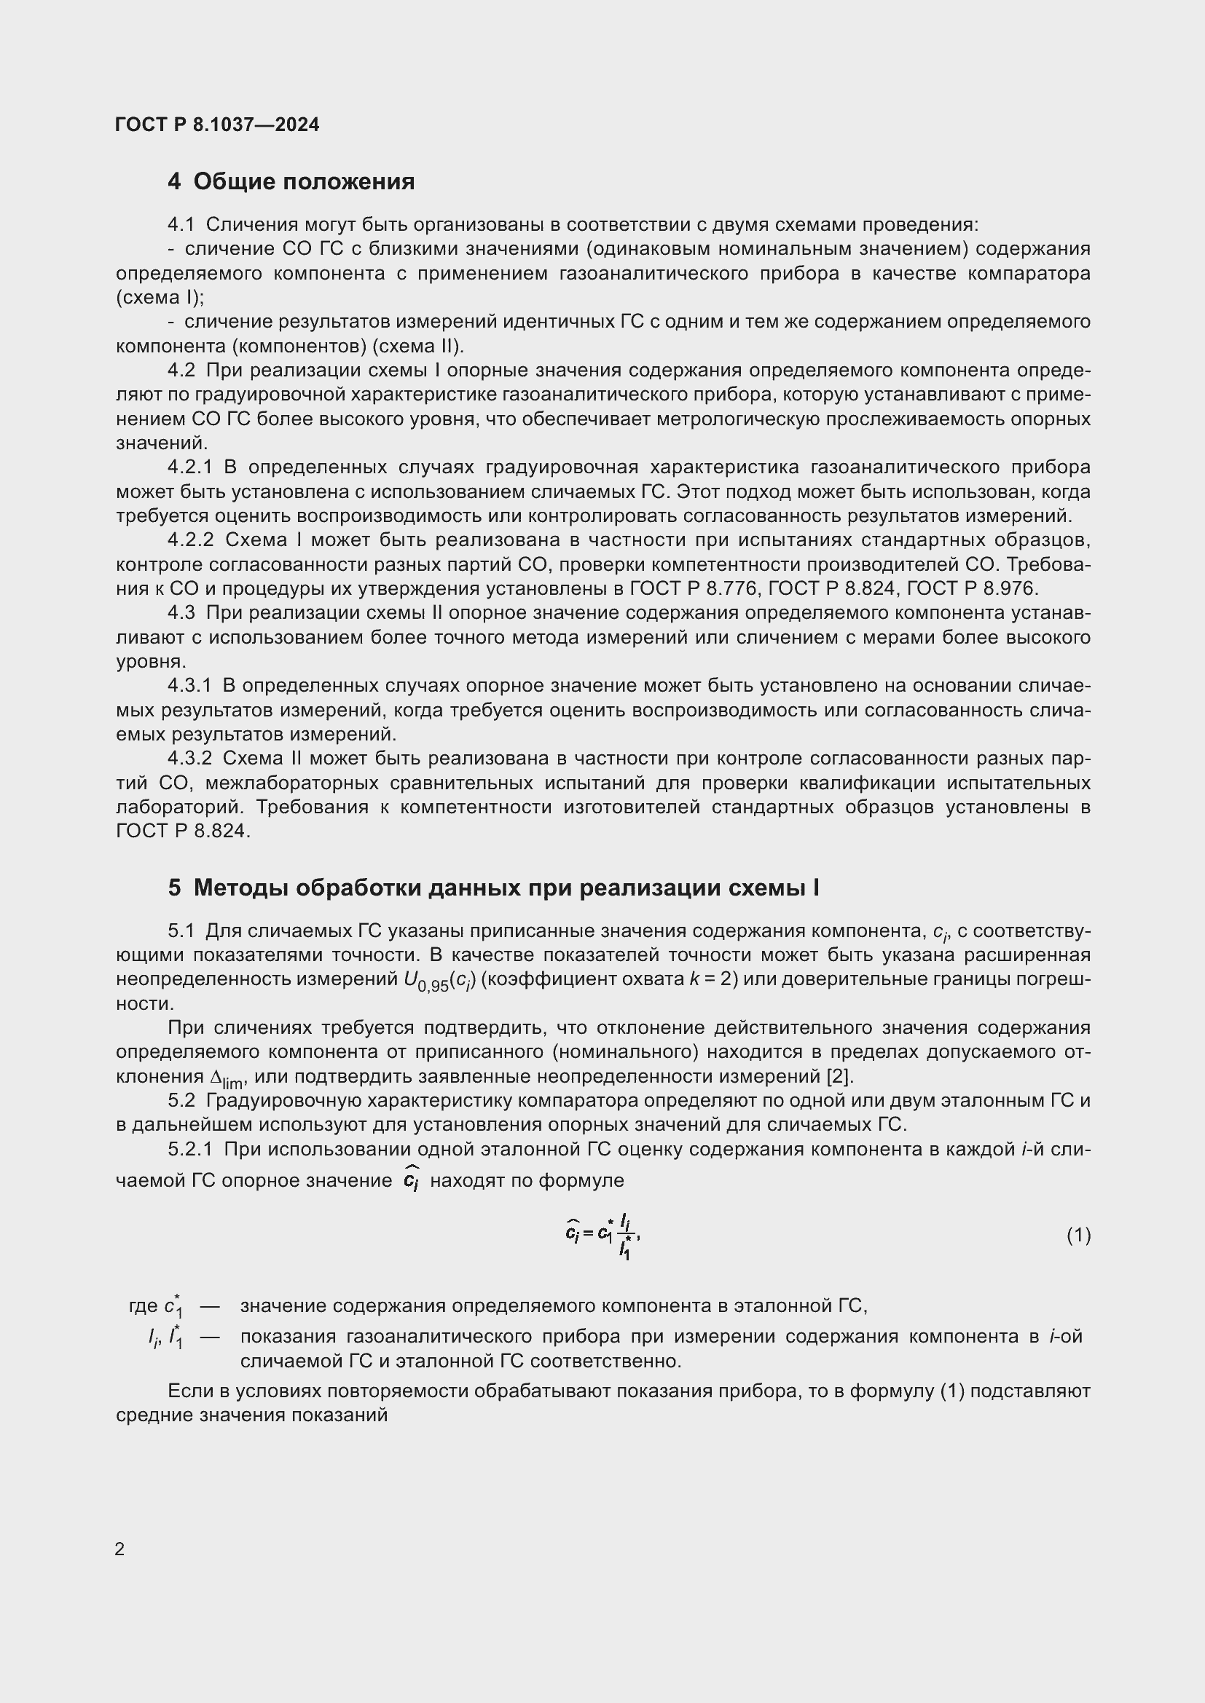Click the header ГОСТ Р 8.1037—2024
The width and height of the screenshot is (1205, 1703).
[x=217, y=125]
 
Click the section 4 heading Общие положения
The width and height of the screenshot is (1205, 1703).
[x=291, y=182]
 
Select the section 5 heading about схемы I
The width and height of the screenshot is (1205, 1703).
[x=493, y=888]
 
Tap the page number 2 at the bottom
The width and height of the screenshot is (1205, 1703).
[x=119, y=1549]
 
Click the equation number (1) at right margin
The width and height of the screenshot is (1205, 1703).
[x=1078, y=1235]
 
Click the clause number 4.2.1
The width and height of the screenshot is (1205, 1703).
[x=190, y=467]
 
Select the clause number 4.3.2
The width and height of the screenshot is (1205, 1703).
[x=190, y=758]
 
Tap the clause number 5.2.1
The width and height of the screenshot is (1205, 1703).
[x=190, y=1149]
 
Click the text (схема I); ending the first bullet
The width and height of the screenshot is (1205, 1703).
[x=160, y=298]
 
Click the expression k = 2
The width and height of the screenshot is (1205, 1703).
[x=713, y=979]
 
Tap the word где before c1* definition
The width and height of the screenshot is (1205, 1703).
[x=144, y=1305]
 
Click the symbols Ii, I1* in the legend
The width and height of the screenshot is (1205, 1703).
[x=165, y=1337]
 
